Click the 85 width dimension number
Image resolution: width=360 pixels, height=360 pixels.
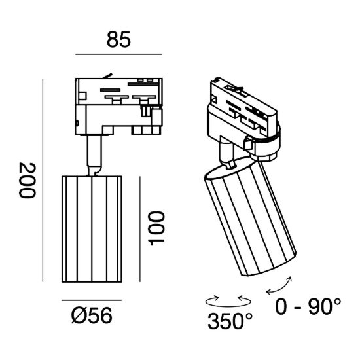pyautogui.click(x=118, y=39)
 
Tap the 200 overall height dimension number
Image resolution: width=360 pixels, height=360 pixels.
pyautogui.click(x=27, y=180)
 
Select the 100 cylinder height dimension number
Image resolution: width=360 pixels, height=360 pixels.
pyautogui.click(x=156, y=228)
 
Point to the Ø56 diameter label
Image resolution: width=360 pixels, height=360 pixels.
pyautogui.click(x=92, y=315)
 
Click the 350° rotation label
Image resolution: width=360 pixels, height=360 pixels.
pyautogui.click(x=230, y=321)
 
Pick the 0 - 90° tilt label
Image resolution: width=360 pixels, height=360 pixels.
pyautogui.click(x=308, y=306)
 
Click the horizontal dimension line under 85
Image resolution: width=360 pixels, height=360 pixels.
pyautogui.click(x=118, y=54)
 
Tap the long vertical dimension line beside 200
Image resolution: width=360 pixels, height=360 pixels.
pyautogui.click(x=43, y=180)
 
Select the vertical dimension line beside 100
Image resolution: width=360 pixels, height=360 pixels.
pyautogui.click(x=140, y=229)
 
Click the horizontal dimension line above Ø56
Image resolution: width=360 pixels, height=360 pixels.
pyautogui.click(x=92, y=300)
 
